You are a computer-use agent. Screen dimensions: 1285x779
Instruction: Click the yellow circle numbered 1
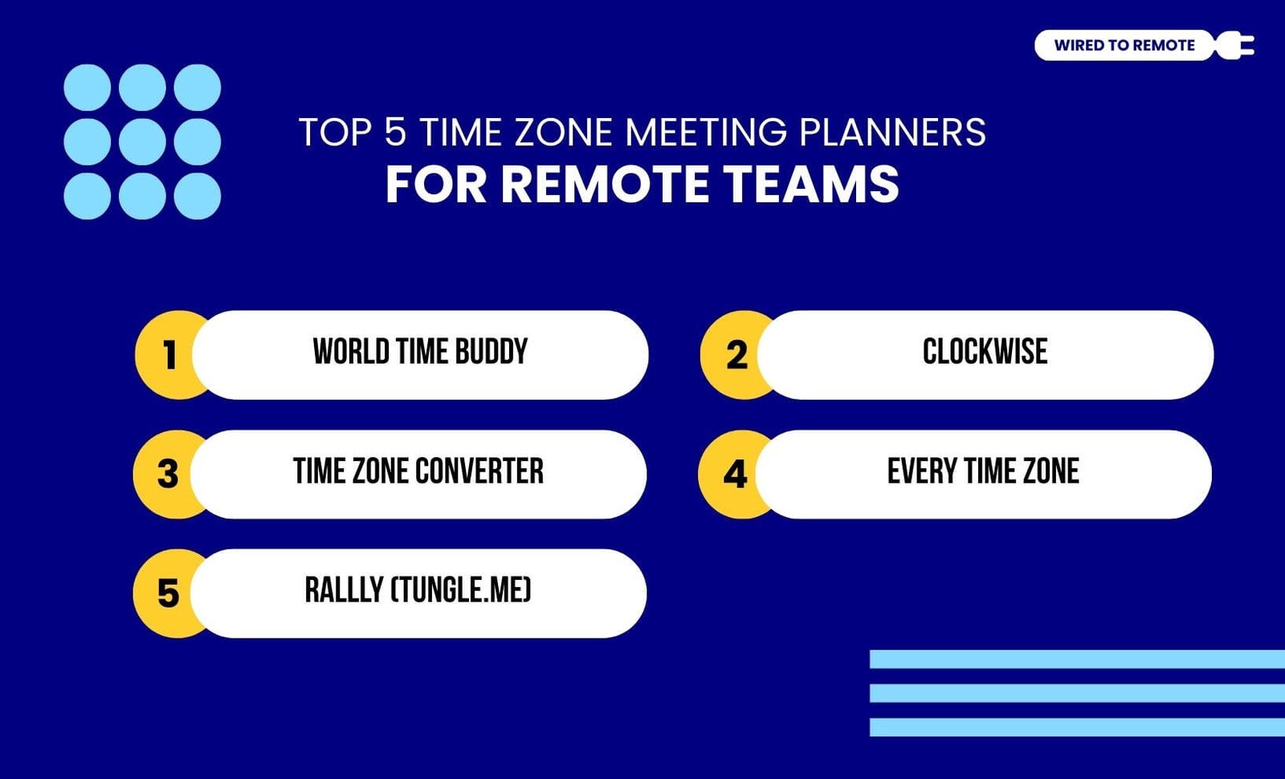click(x=166, y=355)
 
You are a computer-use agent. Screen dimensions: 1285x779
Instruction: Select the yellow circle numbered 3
click(x=165, y=475)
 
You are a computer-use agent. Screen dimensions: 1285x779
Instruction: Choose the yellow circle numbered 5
click(x=165, y=593)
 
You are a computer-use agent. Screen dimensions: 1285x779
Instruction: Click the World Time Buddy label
click(x=420, y=352)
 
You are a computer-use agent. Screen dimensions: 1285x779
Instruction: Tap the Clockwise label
click(x=985, y=352)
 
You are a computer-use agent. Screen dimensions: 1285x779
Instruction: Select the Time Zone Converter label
click(x=418, y=471)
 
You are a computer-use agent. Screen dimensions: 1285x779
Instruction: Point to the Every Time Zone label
click(x=983, y=471)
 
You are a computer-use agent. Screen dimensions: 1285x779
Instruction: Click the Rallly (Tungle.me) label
click(x=418, y=589)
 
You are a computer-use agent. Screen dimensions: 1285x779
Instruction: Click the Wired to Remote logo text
click(x=1124, y=45)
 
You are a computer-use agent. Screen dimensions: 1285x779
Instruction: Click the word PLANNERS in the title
click(x=892, y=133)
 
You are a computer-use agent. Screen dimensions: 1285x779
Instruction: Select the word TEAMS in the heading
click(x=811, y=184)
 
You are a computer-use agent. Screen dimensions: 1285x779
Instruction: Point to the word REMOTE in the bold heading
click(x=606, y=184)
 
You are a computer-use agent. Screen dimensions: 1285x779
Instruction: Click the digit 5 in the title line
click(x=395, y=132)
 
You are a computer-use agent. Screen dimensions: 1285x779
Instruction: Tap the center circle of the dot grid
click(x=142, y=141)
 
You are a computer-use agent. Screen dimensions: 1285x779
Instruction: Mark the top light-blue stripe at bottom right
click(x=1077, y=659)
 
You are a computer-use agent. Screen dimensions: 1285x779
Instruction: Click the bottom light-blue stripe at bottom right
click(x=1077, y=728)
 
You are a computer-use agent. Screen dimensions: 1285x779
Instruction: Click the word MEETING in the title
click(x=706, y=133)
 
